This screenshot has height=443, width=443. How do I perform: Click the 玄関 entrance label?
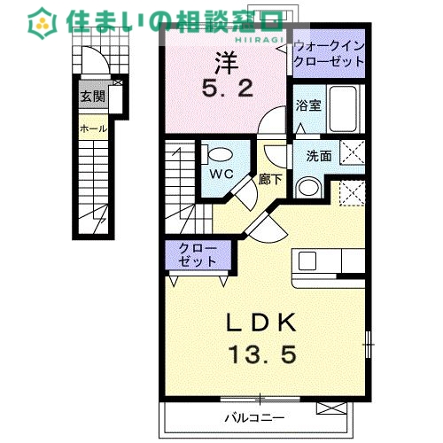[92, 97]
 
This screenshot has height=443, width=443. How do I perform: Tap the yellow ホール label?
[93, 128]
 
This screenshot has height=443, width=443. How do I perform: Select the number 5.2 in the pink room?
[225, 88]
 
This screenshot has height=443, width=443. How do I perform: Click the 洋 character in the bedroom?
[224, 62]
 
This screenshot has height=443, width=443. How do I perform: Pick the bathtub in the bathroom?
[341, 106]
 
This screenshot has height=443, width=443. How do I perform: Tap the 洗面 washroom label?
[319, 156]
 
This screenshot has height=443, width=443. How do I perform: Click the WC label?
[221, 174]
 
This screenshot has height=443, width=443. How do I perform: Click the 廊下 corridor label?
[271, 176]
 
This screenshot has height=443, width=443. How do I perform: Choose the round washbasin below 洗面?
[307, 187]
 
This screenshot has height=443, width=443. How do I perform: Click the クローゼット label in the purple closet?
[197, 255]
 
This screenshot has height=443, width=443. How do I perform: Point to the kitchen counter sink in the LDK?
[307, 260]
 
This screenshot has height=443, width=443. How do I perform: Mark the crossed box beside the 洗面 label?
[354, 153]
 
